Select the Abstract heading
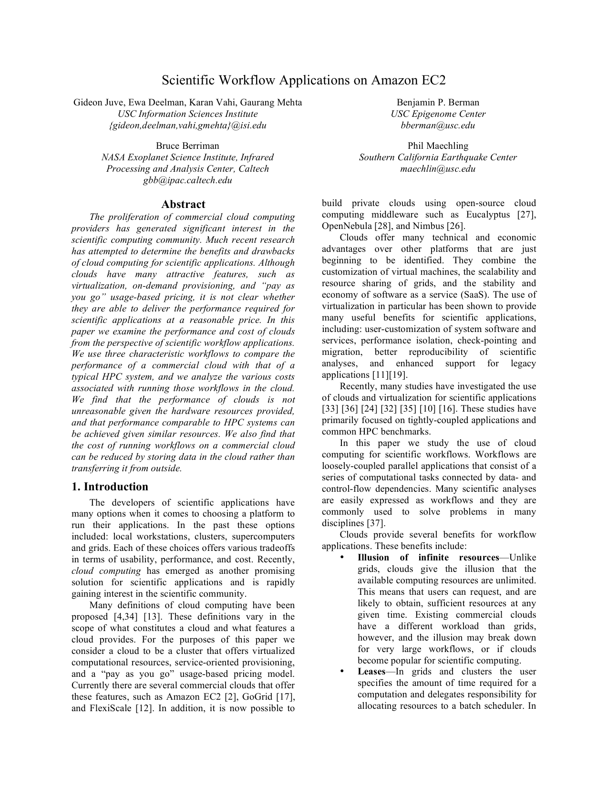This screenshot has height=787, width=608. tap(183, 205)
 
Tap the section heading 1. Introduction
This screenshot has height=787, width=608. tap(110, 487)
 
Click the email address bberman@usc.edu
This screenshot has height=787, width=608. tap(438, 125)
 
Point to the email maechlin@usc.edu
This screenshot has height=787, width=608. tap(438, 169)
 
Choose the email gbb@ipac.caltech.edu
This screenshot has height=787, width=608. tap(187, 180)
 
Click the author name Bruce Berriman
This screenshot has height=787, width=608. tap(187, 146)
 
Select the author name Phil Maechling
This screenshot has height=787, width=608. tap(438, 146)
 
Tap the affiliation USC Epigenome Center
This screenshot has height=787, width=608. tap(438, 114)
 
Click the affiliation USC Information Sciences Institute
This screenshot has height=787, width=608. tap(187, 114)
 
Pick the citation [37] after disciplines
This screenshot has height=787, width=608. tap(375, 523)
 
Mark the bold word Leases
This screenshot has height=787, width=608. tap(371, 672)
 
